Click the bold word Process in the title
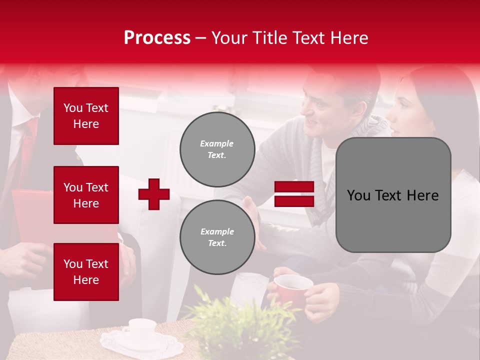tap(157, 38)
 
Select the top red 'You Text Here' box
tap(86, 116)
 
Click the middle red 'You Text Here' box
tap(86, 195)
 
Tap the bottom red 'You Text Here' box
tap(86, 272)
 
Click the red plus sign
tap(154, 194)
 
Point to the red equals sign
tap(294, 194)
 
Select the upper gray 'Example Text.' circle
tap(217, 149)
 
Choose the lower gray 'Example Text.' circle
tap(217, 237)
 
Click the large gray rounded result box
tap(393, 195)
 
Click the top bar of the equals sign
tap(294, 187)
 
